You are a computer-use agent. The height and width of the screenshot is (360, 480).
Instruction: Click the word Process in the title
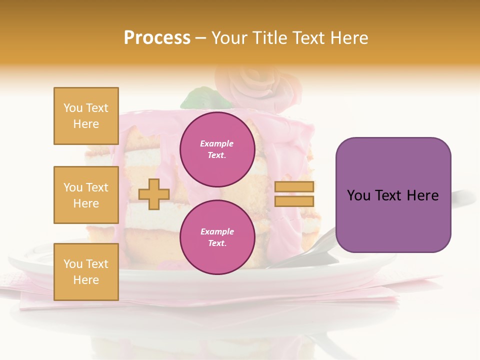157,38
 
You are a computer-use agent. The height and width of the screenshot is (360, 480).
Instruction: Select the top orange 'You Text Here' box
86,116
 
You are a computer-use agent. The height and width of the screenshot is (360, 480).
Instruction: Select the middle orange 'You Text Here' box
86,195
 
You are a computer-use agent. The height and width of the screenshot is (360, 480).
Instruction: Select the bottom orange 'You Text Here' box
86,271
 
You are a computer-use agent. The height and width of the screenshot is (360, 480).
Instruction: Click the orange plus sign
154,194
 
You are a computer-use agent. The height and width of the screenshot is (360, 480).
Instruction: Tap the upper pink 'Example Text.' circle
217,149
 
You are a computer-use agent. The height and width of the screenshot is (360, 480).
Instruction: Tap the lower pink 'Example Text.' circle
217,237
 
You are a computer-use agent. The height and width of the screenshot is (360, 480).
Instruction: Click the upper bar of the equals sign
294,186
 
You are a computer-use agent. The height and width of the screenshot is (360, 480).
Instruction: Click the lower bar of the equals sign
294,201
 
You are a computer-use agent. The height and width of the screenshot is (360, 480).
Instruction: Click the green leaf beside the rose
197,98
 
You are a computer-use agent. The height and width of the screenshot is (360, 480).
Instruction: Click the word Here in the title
350,38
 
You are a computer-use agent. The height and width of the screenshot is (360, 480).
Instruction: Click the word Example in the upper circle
216,144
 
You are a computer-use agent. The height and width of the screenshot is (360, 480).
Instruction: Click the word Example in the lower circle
216,232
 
